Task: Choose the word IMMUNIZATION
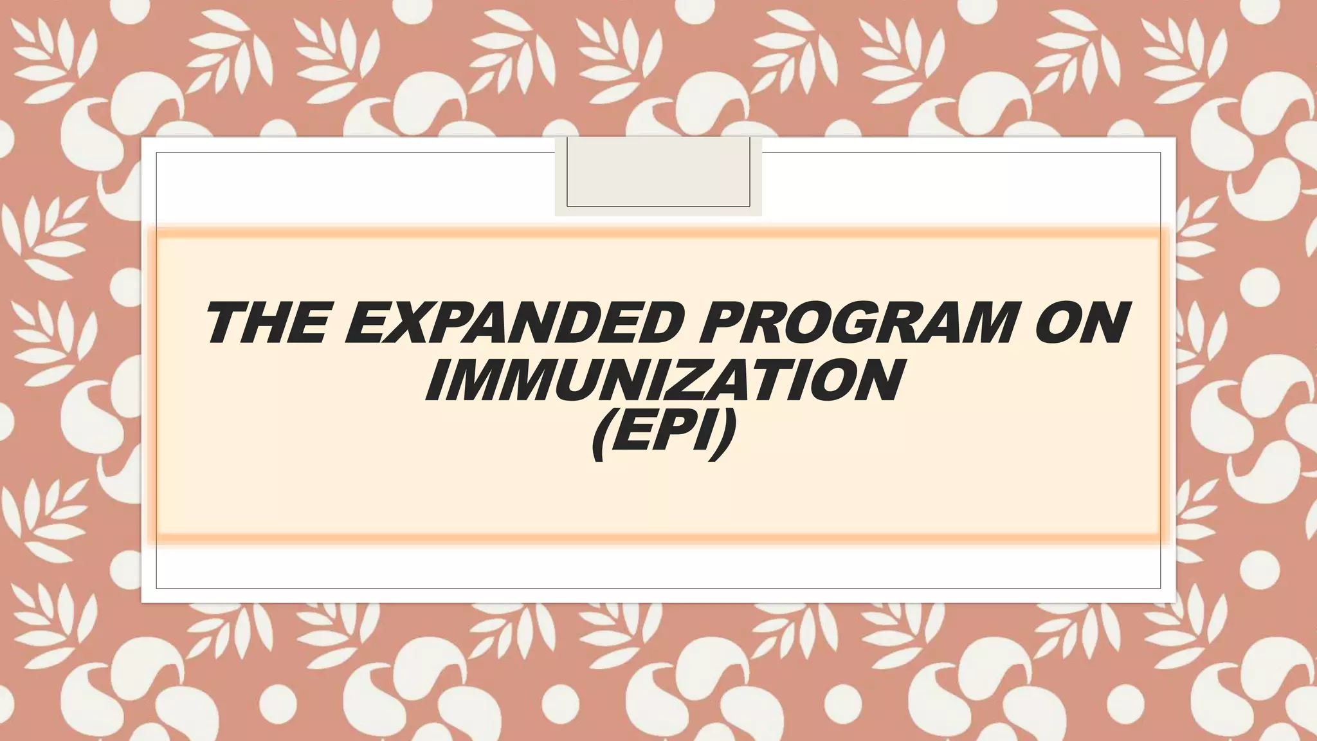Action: pos(662,381)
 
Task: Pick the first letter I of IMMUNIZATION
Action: pos(437,381)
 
